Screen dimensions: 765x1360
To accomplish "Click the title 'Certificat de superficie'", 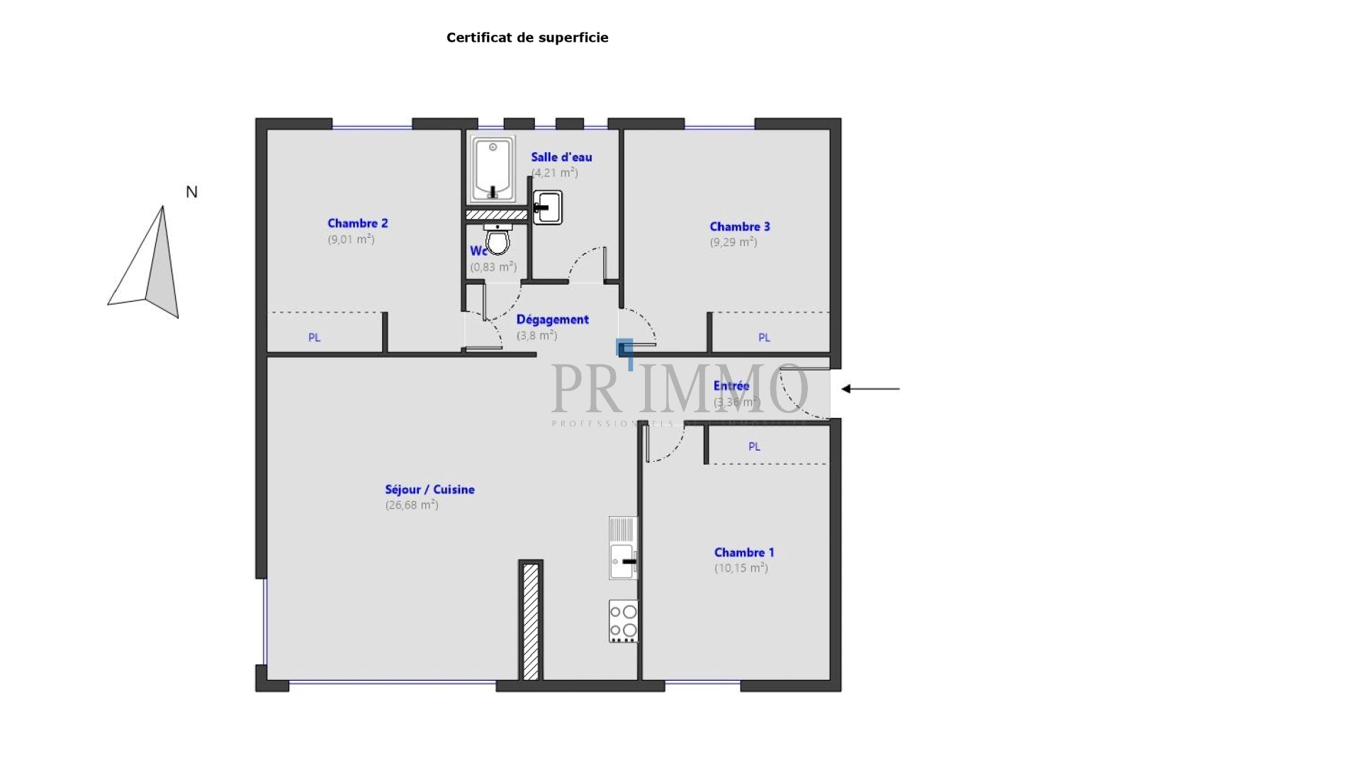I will tap(527, 38).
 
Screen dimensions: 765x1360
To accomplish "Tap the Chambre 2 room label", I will tap(357, 223).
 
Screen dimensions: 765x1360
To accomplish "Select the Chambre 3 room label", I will tap(739, 227).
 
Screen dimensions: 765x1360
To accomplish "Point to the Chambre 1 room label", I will tap(743, 552).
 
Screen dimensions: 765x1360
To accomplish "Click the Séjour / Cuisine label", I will tap(429, 489).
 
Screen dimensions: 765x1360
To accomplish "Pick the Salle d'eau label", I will tap(561, 157).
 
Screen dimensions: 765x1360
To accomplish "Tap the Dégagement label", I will tap(552, 319).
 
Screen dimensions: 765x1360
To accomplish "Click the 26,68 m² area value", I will tap(412, 505).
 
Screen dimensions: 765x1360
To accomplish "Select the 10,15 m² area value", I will tap(741, 568).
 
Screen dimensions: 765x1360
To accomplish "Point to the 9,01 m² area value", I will tap(351, 239).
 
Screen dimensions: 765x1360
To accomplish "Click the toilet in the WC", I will tap(498, 239).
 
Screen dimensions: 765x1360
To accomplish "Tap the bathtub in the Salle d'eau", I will tap(493, 170).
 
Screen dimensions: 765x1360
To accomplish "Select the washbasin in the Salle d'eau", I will tap(548, 208).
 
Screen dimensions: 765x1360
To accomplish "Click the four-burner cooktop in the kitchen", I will tap(623, 621).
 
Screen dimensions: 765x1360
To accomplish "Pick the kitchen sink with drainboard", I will tap(623, 548).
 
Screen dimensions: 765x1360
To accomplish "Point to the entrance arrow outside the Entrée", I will tap(870, 389).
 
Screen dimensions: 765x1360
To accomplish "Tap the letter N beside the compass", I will tap(191, 192).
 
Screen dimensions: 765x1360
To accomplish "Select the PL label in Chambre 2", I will tap(314, 338).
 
